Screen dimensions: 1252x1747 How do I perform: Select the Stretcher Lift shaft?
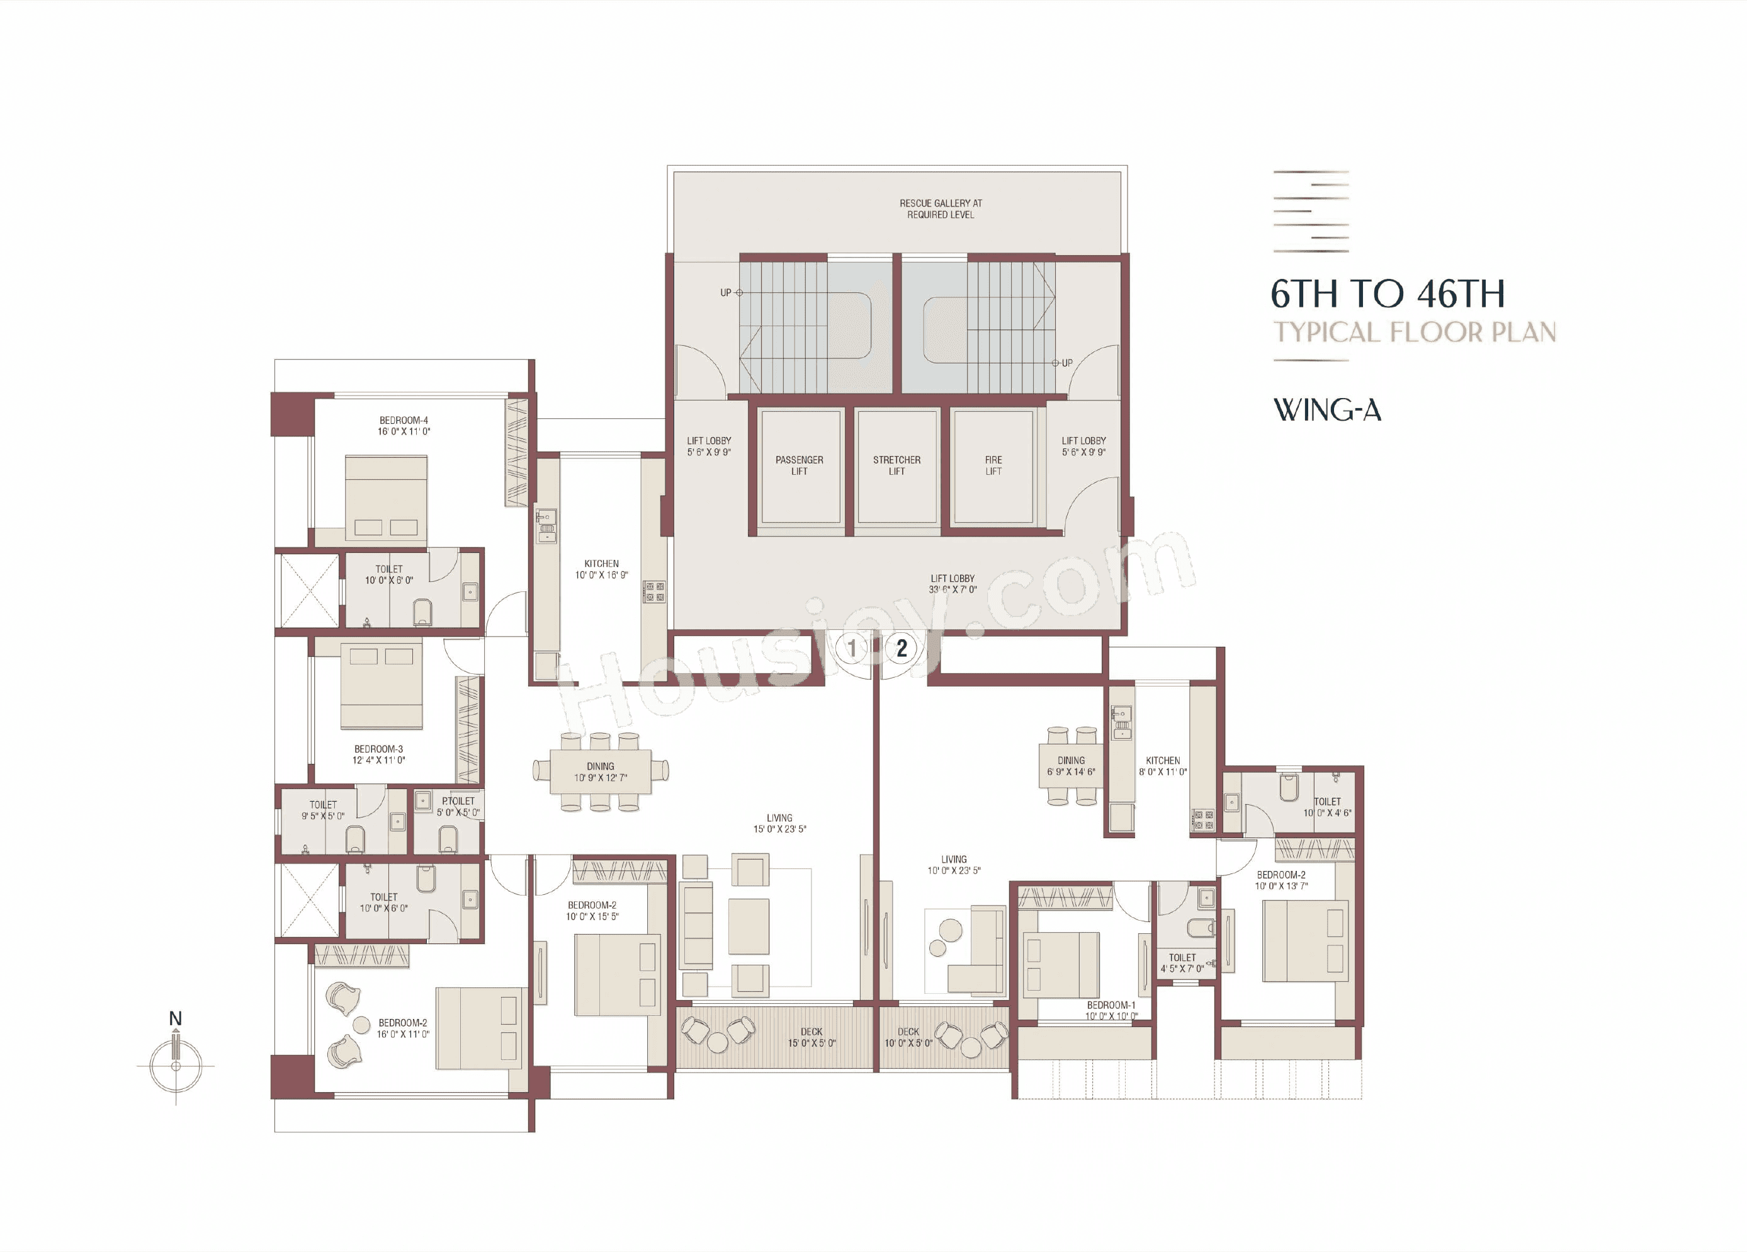click(896, 467)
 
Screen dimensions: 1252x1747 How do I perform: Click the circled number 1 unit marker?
click(852, 648)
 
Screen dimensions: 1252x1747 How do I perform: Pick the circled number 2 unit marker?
click(902, 648)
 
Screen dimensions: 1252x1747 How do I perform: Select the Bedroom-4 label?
click(404, 421)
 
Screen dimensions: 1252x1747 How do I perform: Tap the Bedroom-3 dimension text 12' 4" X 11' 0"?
click(378, 760)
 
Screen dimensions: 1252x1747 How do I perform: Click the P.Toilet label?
click(458, 801)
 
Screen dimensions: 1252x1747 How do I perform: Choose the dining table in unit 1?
click(600, 771)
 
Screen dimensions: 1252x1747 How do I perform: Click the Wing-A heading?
click(1326, 410)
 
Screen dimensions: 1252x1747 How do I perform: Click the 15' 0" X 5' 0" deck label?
click(811, 1043)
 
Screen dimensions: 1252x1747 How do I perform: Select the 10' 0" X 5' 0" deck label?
click(908, 1043)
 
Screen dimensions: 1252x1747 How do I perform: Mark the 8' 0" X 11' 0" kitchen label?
click(1162, 772)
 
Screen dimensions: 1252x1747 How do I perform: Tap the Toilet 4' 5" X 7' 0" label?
click(1182, 963)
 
